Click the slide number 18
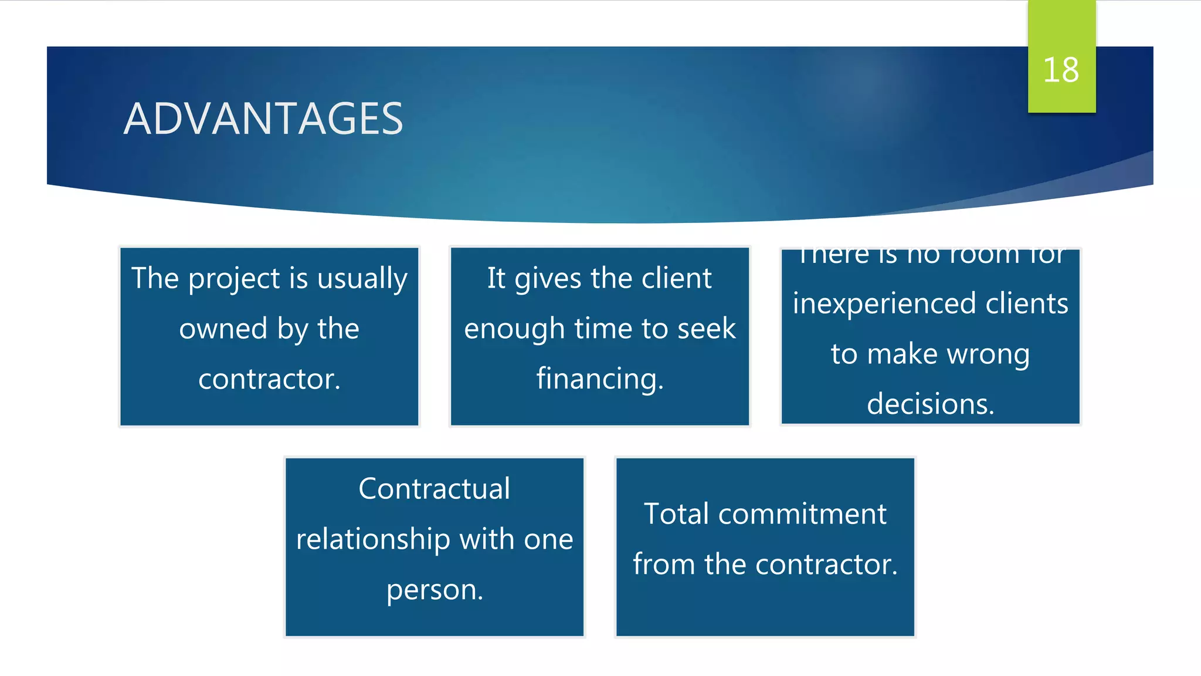pos(1061,70)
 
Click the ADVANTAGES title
pos(263,119)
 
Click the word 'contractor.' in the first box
pos(269,379)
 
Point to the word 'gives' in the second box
pos(548,279)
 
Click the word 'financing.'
pos(599,379)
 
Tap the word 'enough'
pos(514,329)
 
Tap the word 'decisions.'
pos(930,404)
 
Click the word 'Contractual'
pos(434,489)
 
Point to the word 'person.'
pos(435,590)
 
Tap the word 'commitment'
pos(802,514)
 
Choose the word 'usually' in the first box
pos(362,279)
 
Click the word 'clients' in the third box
pos(1026,304)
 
